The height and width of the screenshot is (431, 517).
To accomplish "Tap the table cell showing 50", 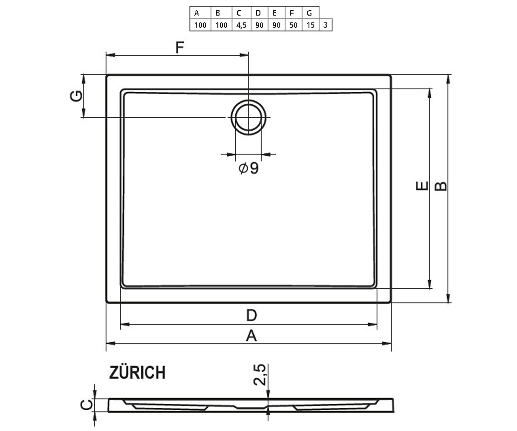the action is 293,25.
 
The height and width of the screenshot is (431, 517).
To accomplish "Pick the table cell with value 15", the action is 311,25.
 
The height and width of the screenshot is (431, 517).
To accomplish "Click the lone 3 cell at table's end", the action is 326,25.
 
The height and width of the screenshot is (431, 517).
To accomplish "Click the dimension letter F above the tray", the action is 180,47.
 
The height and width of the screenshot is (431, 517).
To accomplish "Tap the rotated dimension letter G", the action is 76,96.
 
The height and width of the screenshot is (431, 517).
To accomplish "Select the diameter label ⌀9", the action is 249,168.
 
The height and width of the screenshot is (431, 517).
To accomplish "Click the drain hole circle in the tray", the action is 249,100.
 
